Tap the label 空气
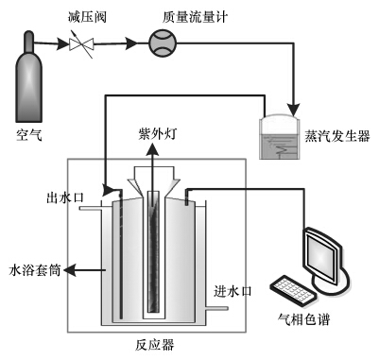[x=29, y=136]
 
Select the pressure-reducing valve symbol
[x=81, y=44]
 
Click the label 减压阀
[x=88, y=17]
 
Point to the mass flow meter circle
[x=163, y=43]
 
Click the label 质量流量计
[x=195, y=17]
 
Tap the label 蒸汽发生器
[x=337, y=136]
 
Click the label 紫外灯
[x=158, y=134]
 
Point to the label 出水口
[x=65, y=197]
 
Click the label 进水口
[x=233, y=291]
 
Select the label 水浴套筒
[x=35, y=270]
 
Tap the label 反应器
[x=155, y=345]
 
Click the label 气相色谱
[x=303, y=319]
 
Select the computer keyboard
[x=293, y=290]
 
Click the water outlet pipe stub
[x=91, y=208]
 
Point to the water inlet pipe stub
[x=216, y=308]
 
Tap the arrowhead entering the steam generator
[x=295, y=110]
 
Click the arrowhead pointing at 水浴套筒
[x=70, y=270]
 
